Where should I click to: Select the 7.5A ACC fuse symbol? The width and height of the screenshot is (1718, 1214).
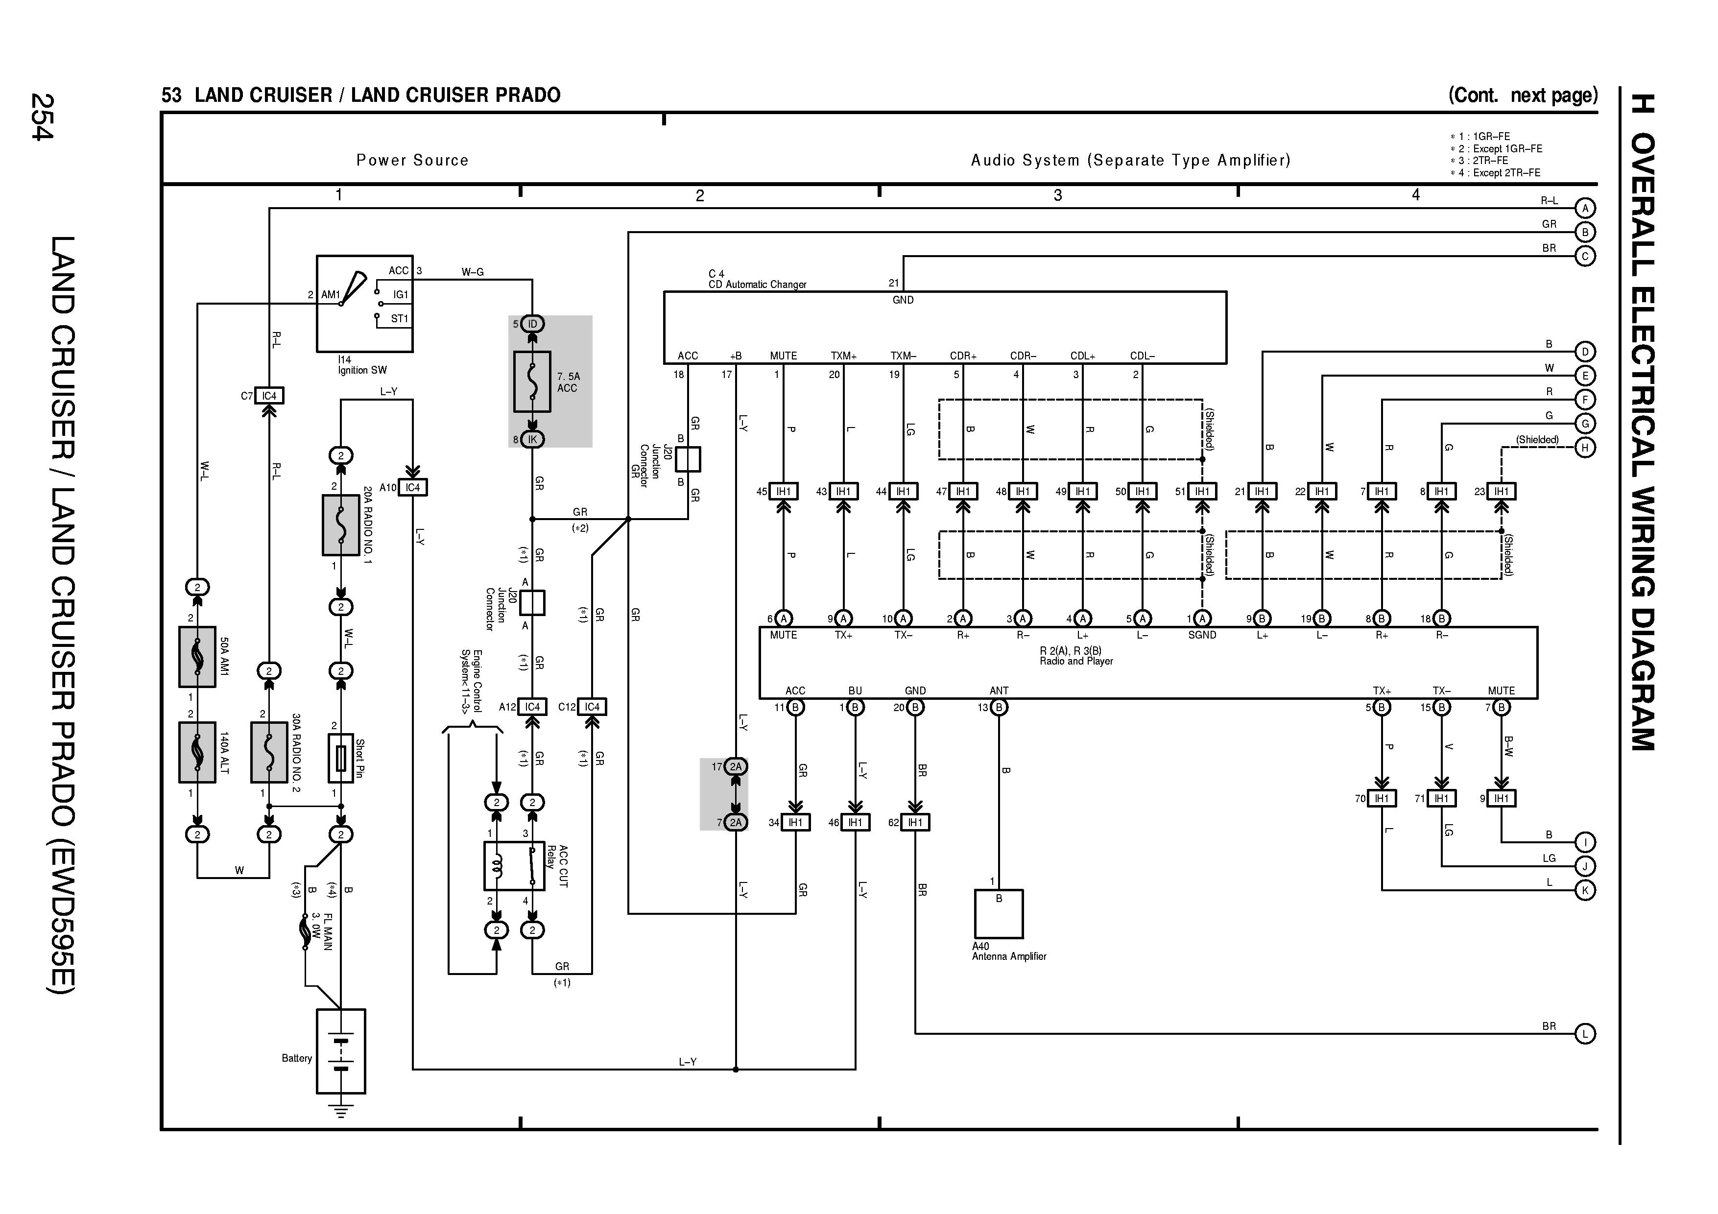click(532, 381)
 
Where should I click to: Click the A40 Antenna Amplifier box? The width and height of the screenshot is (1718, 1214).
click(998, 913)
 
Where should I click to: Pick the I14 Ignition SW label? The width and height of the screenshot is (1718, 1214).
click(362, 365)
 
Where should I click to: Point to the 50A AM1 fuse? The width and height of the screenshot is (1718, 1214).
click(197, 657)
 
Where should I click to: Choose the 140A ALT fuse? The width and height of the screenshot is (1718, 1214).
click(197, 752)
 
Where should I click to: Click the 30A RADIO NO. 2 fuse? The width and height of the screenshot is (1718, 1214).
click(269, 752)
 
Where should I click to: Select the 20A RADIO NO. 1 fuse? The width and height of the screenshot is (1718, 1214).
click(340, 524)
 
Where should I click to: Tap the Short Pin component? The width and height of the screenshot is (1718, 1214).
click(340, 758)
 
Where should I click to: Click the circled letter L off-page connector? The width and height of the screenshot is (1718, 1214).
click(1585, 1034)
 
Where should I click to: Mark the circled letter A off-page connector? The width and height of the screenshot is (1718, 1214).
click(1585, 208)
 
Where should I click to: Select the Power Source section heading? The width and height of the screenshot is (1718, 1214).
click(412, 160)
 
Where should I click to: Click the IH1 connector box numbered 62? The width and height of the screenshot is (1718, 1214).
click(914, 823)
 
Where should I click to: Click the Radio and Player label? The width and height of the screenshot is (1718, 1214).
click(1076, 661)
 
